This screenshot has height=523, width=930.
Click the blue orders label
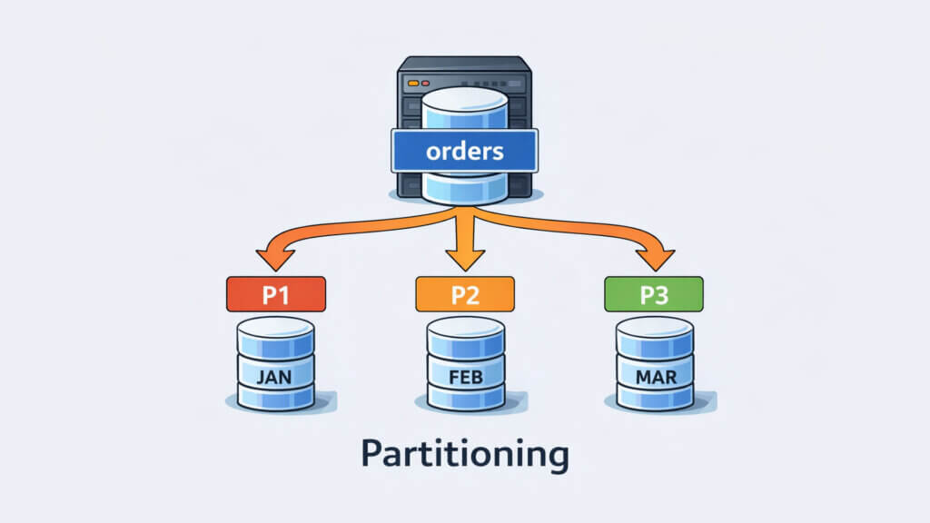click(x=464, y=150)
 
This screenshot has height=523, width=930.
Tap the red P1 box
click(x=275, y=294)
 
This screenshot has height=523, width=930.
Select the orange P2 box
click(x=464, y=294)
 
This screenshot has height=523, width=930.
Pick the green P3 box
click(x=653, y=294)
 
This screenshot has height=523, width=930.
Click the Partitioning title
click(x=464, y=453)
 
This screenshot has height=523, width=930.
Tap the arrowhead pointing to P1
click(x=271, y=260)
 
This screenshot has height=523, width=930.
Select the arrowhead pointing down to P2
click(x=464, y=261)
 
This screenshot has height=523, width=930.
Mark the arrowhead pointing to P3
click(x=658, y=260)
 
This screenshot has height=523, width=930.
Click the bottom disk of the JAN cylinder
click(x=275, y=398)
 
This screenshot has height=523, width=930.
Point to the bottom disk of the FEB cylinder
click(x=464, y=398)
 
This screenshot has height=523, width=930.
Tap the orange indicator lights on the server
click(x=414, y=83)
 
